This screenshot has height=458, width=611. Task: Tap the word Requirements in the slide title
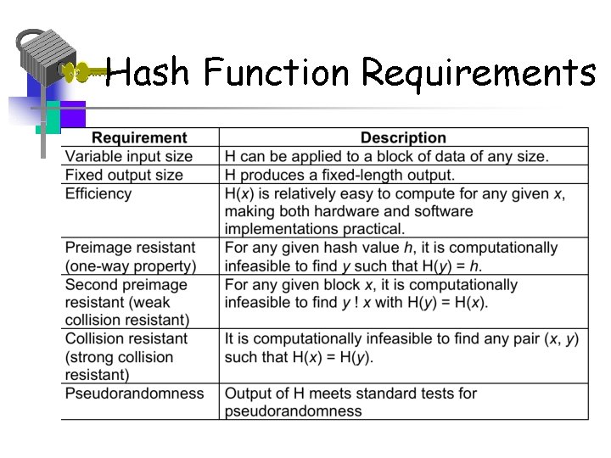click(x=479, y=74)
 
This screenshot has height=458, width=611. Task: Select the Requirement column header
click(x=139, y=137)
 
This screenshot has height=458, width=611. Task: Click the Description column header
click(x=403, y=137)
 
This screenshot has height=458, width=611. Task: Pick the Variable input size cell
click(x=129, y=156)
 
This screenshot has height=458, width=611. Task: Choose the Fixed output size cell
click(x=124, y=175)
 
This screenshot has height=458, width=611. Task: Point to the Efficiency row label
click(x=98, y=193)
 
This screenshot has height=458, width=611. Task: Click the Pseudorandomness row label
click(x=135, y=394)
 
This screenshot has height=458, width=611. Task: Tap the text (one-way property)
click(x=131, y=265)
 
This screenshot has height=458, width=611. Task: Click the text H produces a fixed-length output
click(x=339, y=175)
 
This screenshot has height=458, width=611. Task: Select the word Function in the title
click(x=277, y=74)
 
